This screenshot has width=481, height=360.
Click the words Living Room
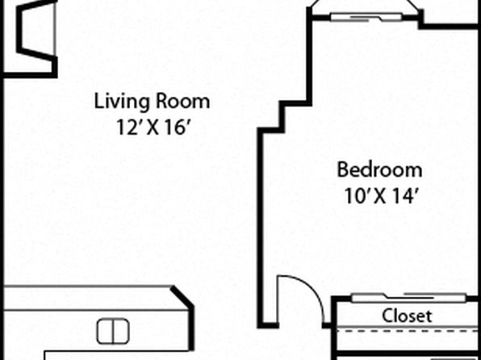click(x=152, y=103)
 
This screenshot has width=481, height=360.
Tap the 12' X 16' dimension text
click(x=152, y=127)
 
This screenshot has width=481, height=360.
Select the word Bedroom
click(x=380, y=170)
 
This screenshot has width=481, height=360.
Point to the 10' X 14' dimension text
click(x=380, y=196)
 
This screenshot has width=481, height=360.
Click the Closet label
click(x=407, y=315)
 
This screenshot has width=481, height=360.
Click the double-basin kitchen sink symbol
click(x=113, y=331)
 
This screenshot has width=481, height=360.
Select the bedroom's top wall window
click(x=366, y=17)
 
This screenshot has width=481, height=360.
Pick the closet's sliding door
click(x=408, y=297)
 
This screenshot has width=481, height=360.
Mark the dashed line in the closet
click(x=408, y=331)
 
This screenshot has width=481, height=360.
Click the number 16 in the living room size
click(x=176, y=127)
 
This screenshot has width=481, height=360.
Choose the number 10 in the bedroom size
click(x=357, y=196)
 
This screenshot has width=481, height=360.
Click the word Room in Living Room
click(x=182, y=103)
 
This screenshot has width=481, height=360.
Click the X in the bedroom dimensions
click(x=380, y=196)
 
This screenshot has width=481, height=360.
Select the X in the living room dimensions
click(x=152, y=128)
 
